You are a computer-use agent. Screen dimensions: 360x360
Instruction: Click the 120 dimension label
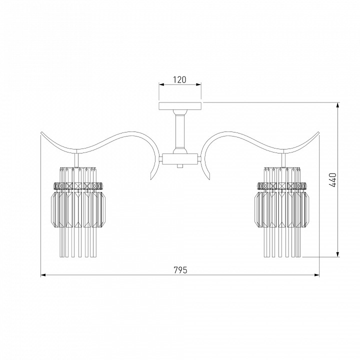coord(179,79)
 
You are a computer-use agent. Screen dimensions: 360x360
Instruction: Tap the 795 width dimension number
coord(180,270)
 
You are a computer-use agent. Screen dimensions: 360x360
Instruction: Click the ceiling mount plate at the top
coord(180,105)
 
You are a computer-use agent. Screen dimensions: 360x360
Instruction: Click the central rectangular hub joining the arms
coord(180,159)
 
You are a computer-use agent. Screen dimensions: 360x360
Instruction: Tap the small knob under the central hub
coord(180,166)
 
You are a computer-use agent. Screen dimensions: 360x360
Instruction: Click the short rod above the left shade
coord(76,160)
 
